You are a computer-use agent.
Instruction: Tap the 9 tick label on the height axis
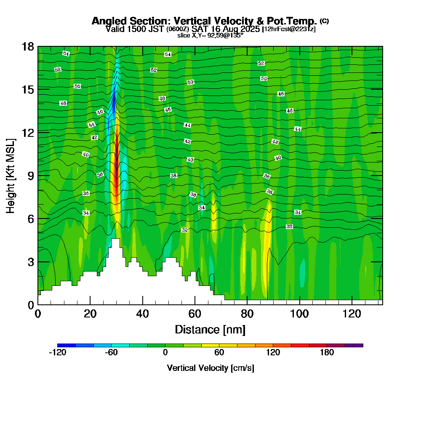(x=31, y=176)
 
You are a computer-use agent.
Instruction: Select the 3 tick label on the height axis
(x=31, y=262)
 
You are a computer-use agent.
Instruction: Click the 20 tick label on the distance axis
(x=90, y=313)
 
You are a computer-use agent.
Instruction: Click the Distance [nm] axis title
(x=210, y=329)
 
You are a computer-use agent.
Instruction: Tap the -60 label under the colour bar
(x=111, y=353)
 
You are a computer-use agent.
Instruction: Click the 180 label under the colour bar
(x=327, y=353)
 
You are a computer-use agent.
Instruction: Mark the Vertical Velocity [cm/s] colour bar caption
(x=210, y=368)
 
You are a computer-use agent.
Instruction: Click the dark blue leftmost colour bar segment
(x=67, y=345)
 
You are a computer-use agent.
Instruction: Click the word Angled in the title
(x=107, y=21)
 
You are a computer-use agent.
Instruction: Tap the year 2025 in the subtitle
(x=248, y=29)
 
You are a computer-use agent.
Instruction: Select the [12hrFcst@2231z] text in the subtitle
(x=289, y=29)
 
